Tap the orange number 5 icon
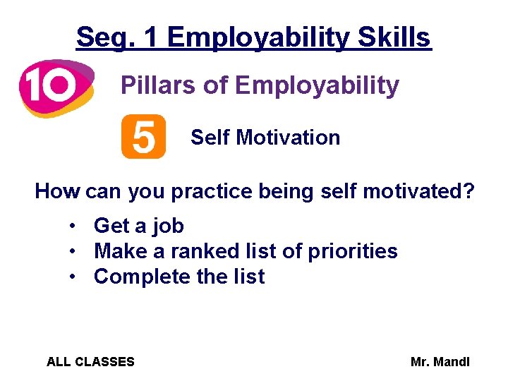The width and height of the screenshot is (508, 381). click(x=143, y=137)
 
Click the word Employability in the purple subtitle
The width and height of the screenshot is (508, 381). click(x=317, y=86)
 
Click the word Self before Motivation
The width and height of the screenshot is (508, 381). click(x=210, y=138)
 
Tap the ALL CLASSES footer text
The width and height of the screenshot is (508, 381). click(x=90, y=362)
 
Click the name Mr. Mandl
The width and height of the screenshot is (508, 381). click(x=440, y=362)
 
